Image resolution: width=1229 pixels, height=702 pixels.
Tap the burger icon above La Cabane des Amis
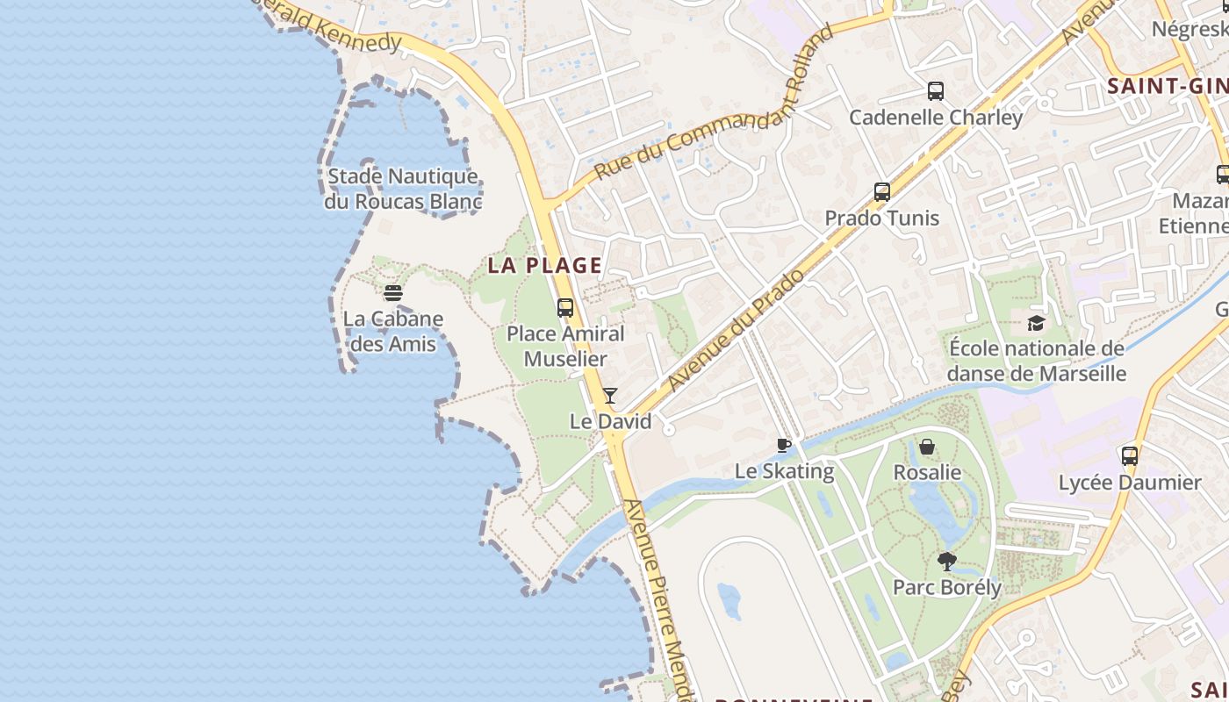click(x=392, y=292)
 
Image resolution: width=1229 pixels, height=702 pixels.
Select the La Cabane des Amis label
click(x=392, y=331)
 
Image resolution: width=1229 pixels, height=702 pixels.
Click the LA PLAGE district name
click(x=545, y=265)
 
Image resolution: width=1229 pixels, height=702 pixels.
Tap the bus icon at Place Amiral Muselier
click(x=565, y=308)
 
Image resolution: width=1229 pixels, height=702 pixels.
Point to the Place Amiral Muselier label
click(x=565, y=346)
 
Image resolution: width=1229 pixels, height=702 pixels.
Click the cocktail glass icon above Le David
click(x=610, y=396)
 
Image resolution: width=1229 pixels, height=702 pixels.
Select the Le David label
click(x=611, y=421)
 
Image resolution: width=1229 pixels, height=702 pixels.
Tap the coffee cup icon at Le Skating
click(x=784, y=446)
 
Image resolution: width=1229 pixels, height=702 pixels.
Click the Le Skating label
click(x=784, y=471)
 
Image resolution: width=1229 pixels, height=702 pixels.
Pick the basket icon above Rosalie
click(x=927, y=448)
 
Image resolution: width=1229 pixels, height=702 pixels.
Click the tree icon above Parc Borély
click(x=946, y=561)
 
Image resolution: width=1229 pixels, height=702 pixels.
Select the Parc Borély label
click(x=946, y=587)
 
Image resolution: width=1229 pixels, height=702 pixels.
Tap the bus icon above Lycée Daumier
click(x=1130, y=456)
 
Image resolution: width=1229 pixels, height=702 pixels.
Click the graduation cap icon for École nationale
click(x=1037, y=323)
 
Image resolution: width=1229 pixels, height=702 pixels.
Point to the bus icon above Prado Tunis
click(x=882, y=192)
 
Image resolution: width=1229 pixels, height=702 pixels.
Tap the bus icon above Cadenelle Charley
click(x=936, y=91)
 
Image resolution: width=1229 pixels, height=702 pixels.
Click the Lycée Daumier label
click(x=1130, y=483)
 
